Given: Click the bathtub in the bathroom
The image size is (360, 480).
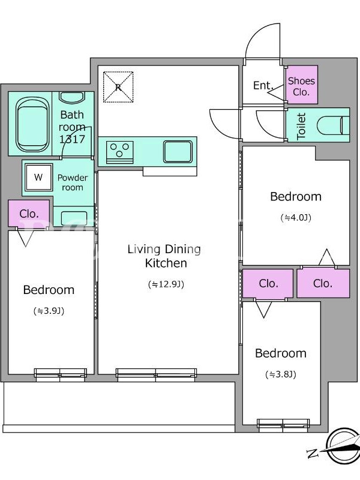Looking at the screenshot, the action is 33,125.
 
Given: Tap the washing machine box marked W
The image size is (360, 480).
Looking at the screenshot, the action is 38,177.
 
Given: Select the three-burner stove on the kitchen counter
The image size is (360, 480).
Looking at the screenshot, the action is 119,151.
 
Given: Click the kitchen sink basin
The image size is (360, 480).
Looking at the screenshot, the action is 178,151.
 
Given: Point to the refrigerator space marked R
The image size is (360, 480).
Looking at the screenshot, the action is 118,87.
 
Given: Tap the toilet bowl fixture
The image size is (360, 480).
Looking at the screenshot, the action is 333,125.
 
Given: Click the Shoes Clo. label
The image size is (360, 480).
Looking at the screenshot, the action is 301,86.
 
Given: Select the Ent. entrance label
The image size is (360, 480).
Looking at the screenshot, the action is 263,85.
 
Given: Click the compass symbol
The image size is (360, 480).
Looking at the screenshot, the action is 342,446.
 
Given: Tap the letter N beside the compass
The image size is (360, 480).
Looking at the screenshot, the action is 312,453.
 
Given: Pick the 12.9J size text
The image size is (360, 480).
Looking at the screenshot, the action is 166,284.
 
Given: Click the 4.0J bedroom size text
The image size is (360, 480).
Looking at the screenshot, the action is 296,218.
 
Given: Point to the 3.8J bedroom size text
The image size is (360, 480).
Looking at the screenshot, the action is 281,374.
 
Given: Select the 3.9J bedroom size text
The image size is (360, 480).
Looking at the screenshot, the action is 49,311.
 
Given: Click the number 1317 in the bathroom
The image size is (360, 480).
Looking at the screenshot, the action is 72,139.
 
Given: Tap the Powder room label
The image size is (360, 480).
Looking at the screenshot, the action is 73,182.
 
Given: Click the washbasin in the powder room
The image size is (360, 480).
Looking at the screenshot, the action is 74,218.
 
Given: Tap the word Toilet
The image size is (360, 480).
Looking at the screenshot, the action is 301,126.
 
